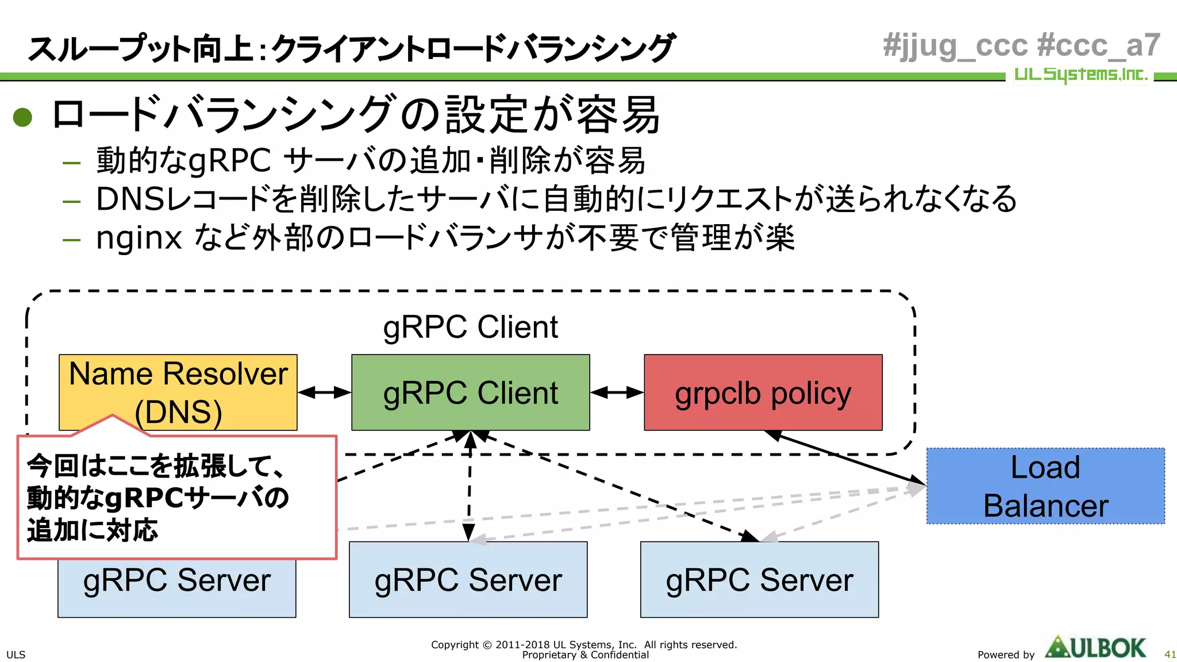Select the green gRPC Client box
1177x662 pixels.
470,392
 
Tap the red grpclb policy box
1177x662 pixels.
763,392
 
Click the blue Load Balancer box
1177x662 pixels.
1045,486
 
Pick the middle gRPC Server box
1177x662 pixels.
468,580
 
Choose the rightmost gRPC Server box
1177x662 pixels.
759,580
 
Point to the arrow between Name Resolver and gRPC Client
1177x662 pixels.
324,392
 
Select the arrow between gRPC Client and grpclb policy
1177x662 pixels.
617,392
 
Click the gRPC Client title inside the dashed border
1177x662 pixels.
470,327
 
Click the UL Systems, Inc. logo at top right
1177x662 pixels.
1080,75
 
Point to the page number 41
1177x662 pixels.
1170,655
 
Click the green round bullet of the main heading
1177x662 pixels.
22,117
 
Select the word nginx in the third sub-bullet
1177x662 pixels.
139,237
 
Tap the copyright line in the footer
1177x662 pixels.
584,645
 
